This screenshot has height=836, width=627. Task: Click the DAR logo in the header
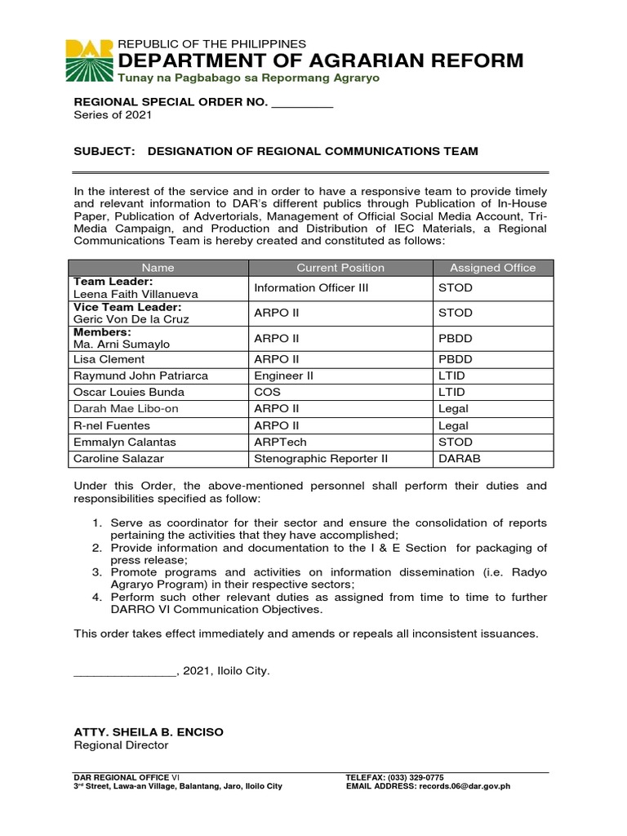[x=90, y=60]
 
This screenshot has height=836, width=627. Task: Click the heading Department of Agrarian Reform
[x=321, y=60]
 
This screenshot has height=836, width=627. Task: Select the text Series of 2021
[x=113, y=115]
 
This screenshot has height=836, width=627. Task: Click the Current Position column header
[x=340, y=268]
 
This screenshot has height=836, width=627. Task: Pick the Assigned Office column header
[x=492, y=268]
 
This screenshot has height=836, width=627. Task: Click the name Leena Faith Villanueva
[x=136, y=294]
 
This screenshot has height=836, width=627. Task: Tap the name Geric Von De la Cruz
[x=131, y=319]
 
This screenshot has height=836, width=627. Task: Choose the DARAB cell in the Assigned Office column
[x=460, y=459]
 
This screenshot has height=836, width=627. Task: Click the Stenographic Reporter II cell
[x=321, y=459]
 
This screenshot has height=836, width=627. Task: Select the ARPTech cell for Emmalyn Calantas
[x=281, y=442]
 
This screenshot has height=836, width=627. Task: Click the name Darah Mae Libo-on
[x=123, y=408]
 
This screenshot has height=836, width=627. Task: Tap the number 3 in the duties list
[x=96, y=572]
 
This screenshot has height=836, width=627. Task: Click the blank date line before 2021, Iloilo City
[x=124, y=671]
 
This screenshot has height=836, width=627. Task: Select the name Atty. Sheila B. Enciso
[x=148, y=732]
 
